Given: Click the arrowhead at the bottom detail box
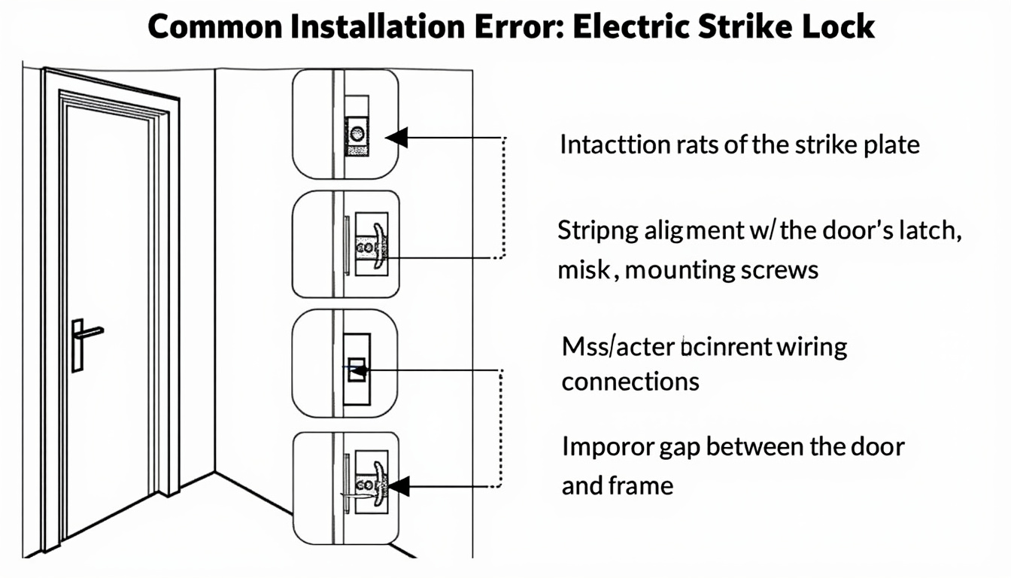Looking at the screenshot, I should point(396,486).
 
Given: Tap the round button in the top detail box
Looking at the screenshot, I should point(356,135).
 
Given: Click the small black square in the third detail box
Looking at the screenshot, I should point(358,370).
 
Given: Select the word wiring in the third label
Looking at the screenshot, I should point(812,348).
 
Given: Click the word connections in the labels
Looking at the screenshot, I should point(630,381).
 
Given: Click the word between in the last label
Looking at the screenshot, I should point(756,446).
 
